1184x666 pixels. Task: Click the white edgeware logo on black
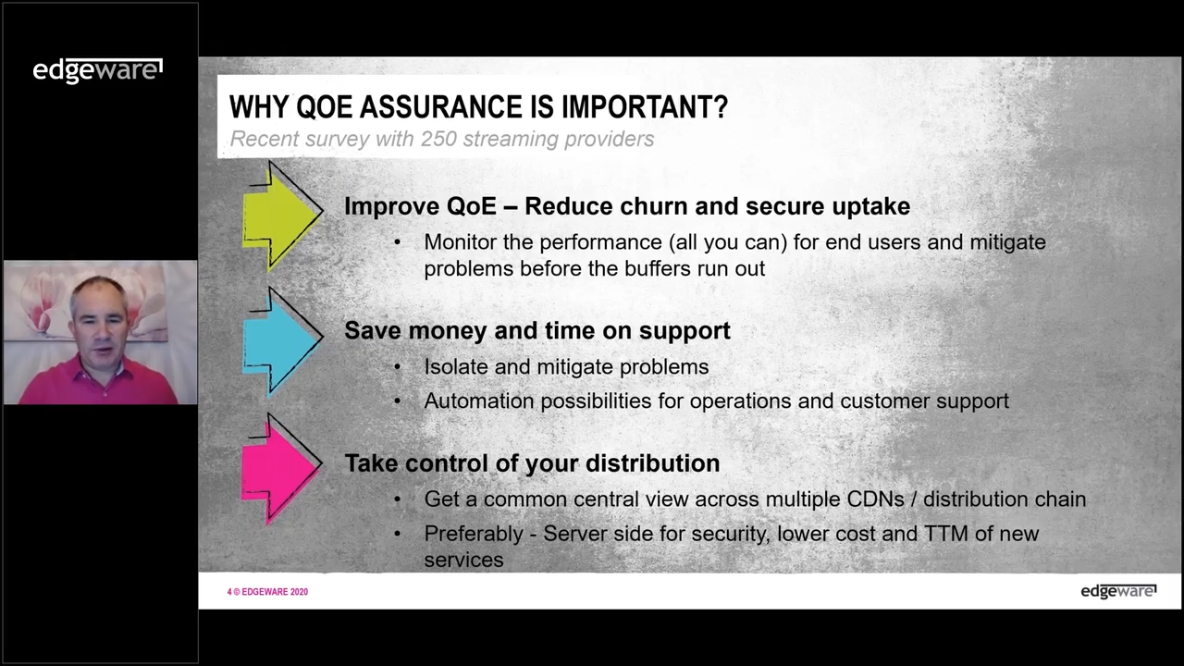coord(98,71)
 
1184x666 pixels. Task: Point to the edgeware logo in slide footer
coord(1118,591)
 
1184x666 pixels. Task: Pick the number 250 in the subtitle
coord(438,139)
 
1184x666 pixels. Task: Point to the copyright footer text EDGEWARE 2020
coord(275,592)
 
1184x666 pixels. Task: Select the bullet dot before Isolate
coord(398,367)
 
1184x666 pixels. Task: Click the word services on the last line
coord(463,561)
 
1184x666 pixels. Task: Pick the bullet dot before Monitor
coord(398,242)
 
